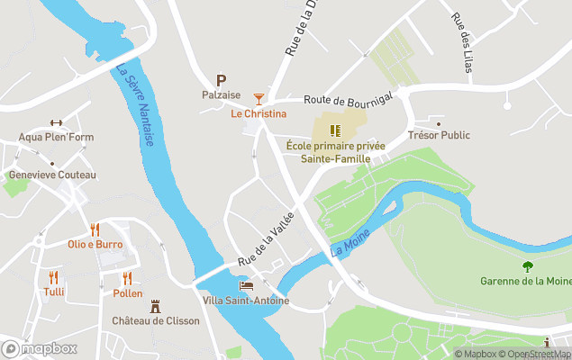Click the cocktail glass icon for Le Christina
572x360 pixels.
click(x=259, y=97)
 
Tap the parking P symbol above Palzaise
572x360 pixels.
click(x=221, y=80)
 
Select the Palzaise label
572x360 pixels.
click(x=221, y=94)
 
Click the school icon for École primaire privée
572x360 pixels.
click(x=334, y=130)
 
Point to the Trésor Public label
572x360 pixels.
click(x=439, y=136)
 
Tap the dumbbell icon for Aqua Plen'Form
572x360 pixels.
click(x=57, y=123)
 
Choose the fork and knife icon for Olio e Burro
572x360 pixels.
click(x=95, y=229)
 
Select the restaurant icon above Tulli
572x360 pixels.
click(x=53, y=277)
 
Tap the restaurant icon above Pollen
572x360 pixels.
click(x=127, y=278)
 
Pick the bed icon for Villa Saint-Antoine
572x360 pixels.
click(x=246, y=285)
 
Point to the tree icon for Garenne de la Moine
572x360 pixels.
click(x=527, y=265)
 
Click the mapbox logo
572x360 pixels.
click(x=40, y=348)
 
